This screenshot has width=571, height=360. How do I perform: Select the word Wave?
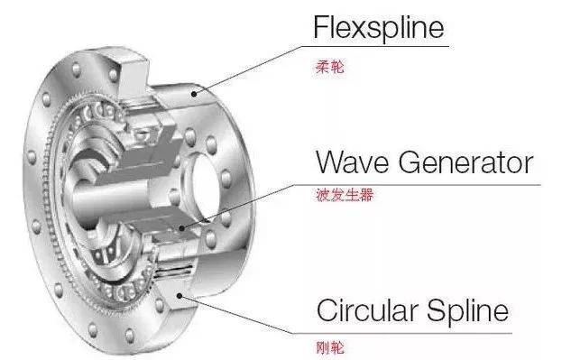point(355,163)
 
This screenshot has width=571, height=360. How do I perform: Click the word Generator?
point(467,163)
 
